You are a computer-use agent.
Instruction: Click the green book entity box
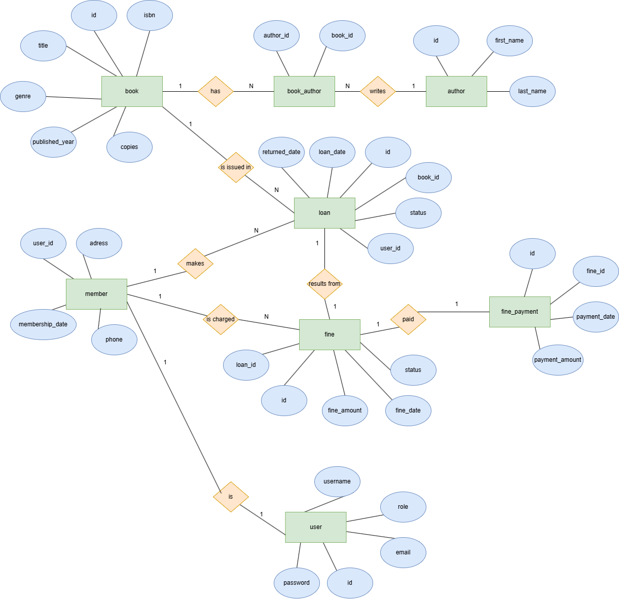click(132, 91)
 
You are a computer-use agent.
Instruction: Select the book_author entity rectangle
click(304, 91)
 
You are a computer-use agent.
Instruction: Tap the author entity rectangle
click(456, 91)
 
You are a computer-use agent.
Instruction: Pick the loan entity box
click(324, 213)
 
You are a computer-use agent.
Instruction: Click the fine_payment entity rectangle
click(520, 312)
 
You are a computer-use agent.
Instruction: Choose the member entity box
click(96, 294)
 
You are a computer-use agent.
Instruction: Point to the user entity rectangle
click(316, 527)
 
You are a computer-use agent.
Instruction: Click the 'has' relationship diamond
click(215, 91)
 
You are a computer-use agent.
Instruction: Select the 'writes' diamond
click(378, 91)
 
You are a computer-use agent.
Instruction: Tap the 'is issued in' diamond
click(236, 167)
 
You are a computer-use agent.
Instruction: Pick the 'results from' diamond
click(324, 284)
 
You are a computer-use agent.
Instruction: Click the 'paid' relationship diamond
click(408, 319)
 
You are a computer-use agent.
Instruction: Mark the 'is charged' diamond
click(221, 319)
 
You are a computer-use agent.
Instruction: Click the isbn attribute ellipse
click(150, 15)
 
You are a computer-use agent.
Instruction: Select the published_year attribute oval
click(53, 142)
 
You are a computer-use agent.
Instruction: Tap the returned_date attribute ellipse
click(281, 152)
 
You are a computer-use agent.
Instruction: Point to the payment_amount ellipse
click(558, 360)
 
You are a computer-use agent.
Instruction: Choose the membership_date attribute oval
click(43, 324)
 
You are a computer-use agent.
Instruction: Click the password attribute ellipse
click(297, 583)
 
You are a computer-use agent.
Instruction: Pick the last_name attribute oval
click(532, 91)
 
